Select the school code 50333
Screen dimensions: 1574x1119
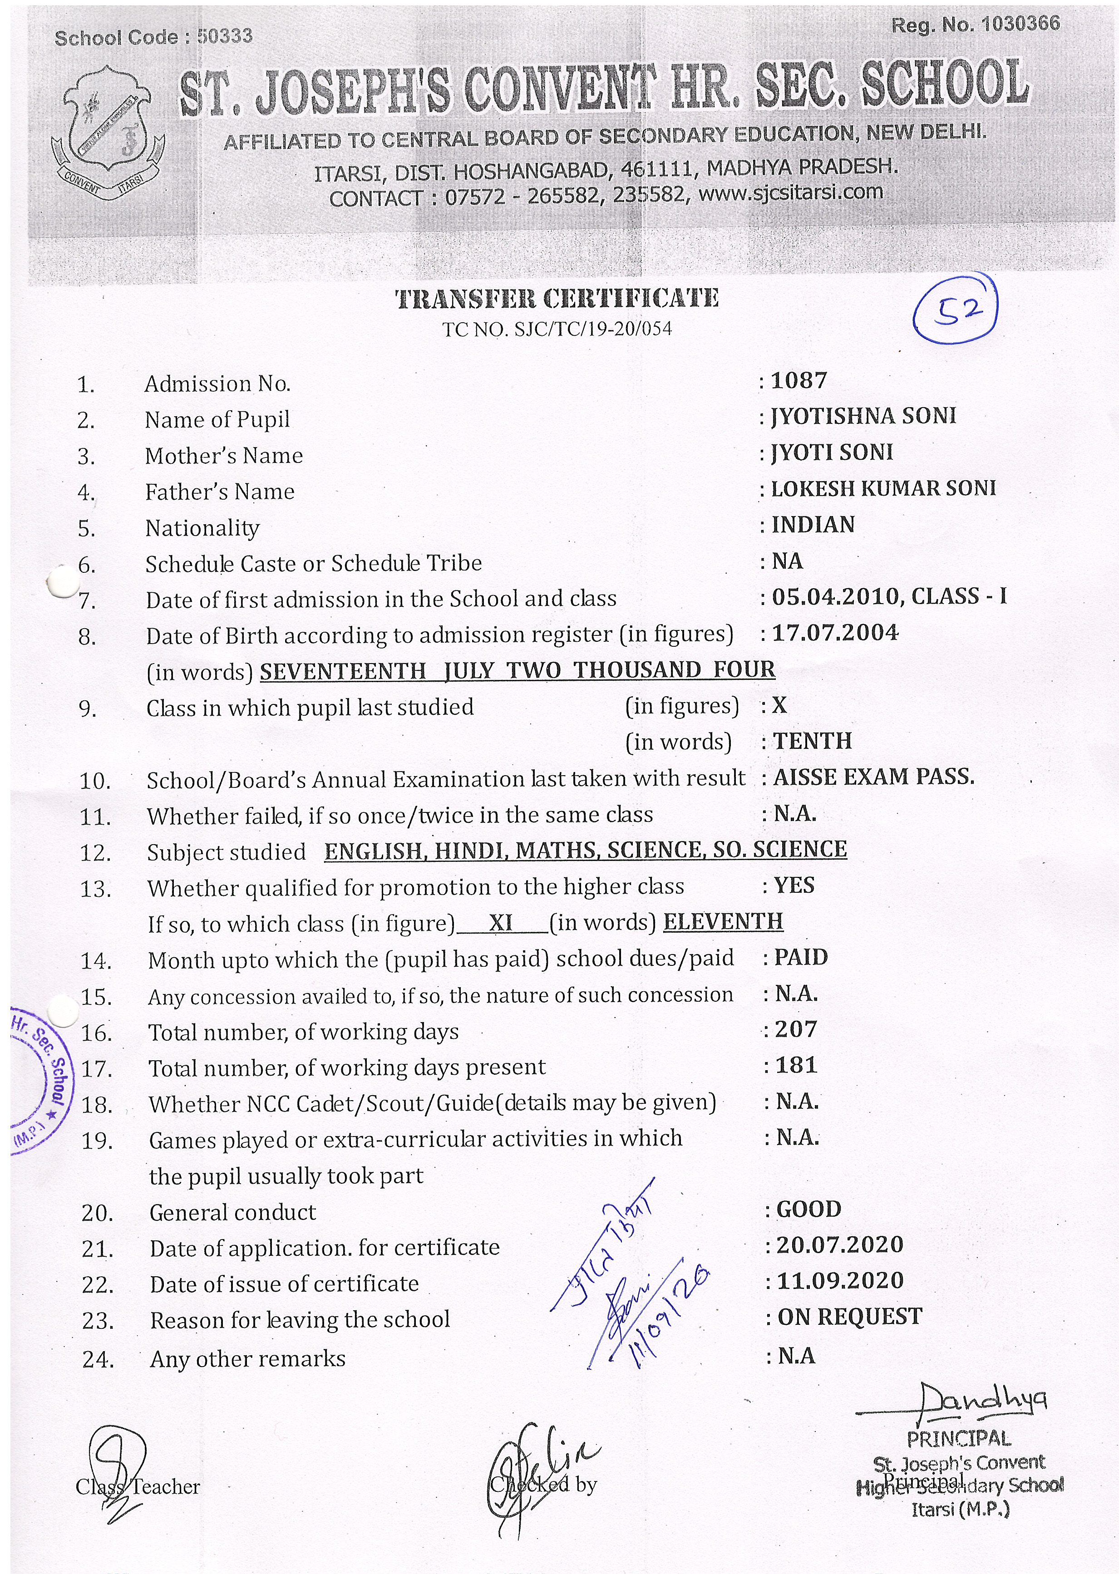225,36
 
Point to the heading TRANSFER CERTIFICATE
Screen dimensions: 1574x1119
557,298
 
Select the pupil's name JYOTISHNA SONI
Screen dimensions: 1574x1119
863,416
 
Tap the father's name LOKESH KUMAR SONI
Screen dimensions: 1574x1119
883,488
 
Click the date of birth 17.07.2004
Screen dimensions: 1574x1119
835,632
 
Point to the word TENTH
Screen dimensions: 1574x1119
813,741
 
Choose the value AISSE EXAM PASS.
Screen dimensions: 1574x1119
874,777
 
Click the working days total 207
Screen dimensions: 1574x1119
796,1029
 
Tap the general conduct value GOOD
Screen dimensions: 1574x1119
809,1209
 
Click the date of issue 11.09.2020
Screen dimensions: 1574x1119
840,1280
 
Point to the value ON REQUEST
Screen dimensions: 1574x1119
850,1317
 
